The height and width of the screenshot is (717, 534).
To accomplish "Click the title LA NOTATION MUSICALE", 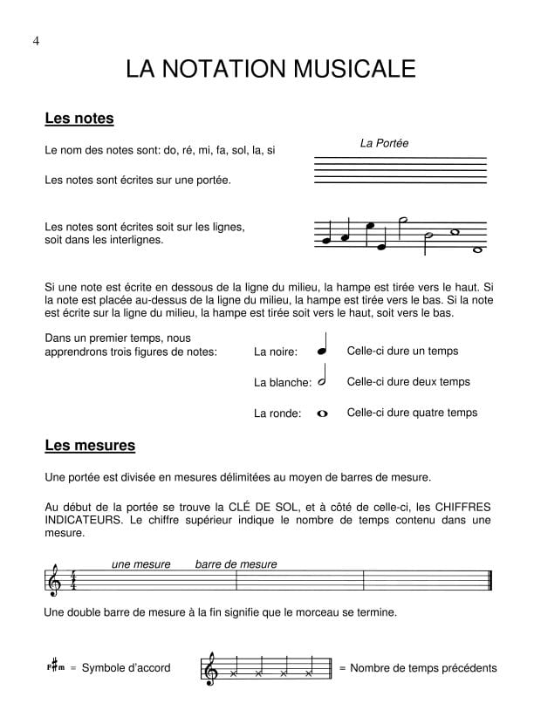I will pos(270,69).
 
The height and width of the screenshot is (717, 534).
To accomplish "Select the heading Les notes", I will pos(79,119).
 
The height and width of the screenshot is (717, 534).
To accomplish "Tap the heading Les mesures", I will pos(90,446).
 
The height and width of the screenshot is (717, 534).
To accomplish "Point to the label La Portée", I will pos(384,143).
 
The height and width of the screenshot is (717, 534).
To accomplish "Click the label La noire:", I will pos(276,352).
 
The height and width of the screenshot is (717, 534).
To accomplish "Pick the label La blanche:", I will pos(282,382).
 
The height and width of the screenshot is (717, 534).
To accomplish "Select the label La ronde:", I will pos(277,413).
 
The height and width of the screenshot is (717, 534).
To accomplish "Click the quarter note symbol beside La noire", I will pos(323,346).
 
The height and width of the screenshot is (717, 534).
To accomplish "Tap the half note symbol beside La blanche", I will pos(323,377).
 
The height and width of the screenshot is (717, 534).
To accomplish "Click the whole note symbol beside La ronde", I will pos(323,413).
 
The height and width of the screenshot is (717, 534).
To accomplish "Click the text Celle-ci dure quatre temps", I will pos(412,413).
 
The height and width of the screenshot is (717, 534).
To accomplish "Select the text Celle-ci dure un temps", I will pos(402,352).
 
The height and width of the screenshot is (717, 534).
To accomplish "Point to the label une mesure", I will pos(141,564).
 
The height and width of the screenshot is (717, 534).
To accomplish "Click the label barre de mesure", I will pos(236,564).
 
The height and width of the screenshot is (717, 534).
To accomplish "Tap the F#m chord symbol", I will pos(56,668).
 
